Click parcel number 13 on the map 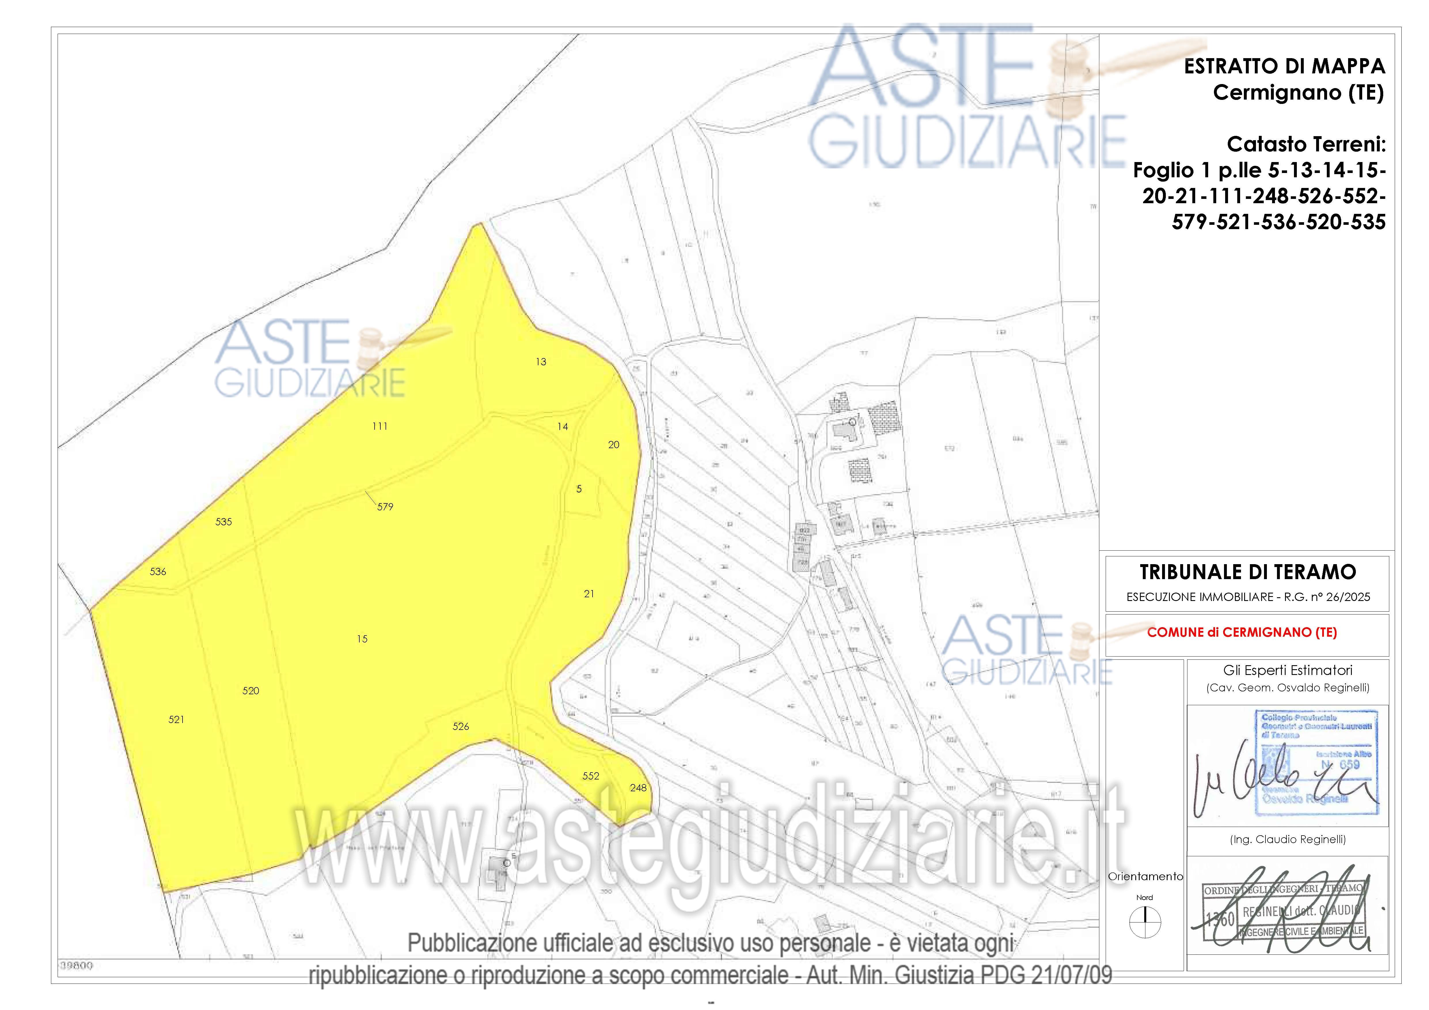pyautogui.click(x=541, y=362)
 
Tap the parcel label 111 pyautogui.click(x=380, y=426)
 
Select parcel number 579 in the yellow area pyautogui.click(x=385, y=507)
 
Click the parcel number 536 pyautogui.click(x=158, y=571)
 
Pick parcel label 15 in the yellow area pyautogui.click(x=362, y=638)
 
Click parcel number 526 pyautogui.click(x=461, y=726)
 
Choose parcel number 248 pyautogui.click(x=638, y=788)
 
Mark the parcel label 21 pyautogui.click(x=589, y=594)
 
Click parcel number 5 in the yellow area pyautogui.click(x=579, y=489)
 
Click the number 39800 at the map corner pyautogui.click(x=77, y=966)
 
